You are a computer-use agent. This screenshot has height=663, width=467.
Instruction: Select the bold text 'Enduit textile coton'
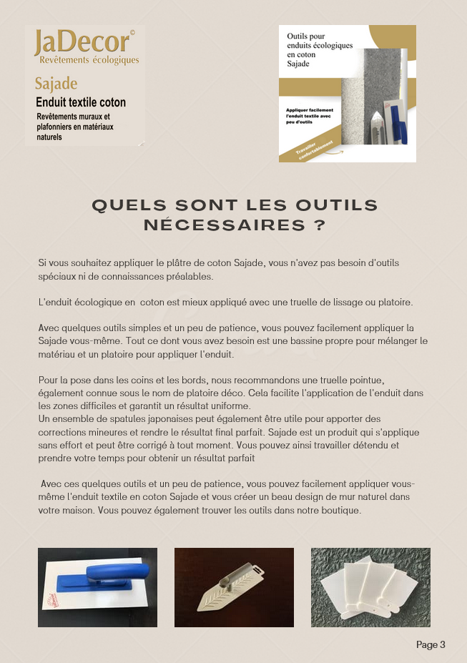[81, 102]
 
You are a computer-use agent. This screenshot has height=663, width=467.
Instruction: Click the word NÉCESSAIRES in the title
[218, 225]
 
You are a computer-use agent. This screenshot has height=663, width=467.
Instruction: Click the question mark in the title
[320, 225]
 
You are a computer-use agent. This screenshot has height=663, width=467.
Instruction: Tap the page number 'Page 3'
[431, 644]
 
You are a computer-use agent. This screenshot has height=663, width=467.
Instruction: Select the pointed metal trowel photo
[234, 587]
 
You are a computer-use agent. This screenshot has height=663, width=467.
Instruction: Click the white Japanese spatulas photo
[370, 587]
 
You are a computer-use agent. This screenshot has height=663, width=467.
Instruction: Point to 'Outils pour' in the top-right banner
[306, 35]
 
